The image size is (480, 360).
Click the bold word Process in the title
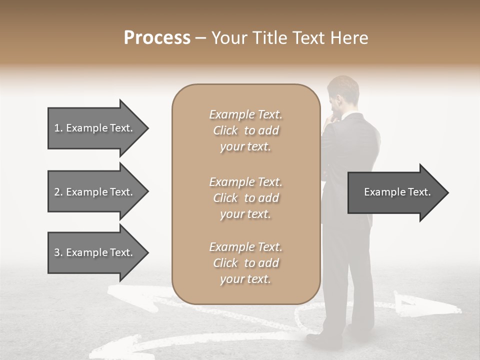pyautogui.click(x=157, y=38)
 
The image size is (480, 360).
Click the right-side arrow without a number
pyautogui.click(x=397, y=192)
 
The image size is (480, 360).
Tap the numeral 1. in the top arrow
pyautogui.click(x=58, y=128)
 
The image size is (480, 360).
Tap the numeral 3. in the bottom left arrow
pyautogui.click(x=58, y=252)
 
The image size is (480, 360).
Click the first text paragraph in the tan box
pyautogui.click(x=245, y=130)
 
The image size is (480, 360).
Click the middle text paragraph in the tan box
pyautogui.click(x=245, y=198)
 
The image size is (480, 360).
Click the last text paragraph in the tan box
pyautogui.click(x=245, y=263)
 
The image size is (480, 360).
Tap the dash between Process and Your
pyautogui.click(x=201, y=38)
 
